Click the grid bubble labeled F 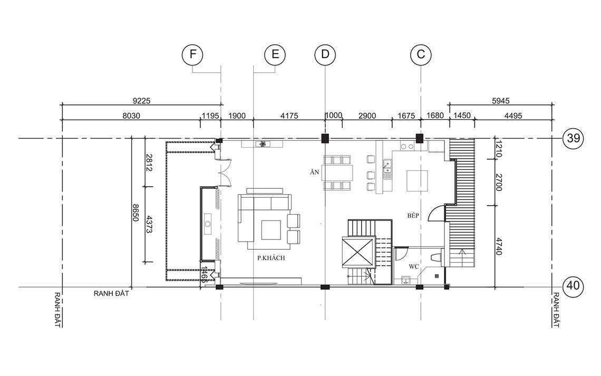tap(192, 54)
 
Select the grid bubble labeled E tap(275, 54)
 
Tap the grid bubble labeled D tap(325, 54)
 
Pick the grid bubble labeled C tap(421, 54)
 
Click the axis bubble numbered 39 tap(574, 138)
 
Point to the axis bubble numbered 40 tap(574, 286)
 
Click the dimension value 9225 tap(141, 101)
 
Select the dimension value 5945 tap(501, 101)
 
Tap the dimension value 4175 tap(289, 115)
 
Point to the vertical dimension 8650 tap(135, 213)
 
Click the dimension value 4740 tap(499, 246)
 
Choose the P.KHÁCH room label tap(271, 258)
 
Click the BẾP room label tap(413, 216)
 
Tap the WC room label tap(413, 266)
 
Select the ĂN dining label tap(315, 172)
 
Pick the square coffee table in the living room tap(271, 229)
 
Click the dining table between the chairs tap(337, 173)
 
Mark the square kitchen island tap(417, 180)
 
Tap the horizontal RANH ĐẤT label tap(111, 294)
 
